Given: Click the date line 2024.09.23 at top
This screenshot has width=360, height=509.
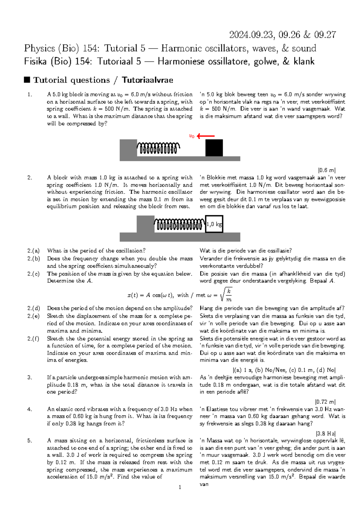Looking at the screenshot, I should pyautogui.click(x=282, y=35).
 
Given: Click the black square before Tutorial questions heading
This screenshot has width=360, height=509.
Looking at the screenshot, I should pyautogui.click(x=27, y=80).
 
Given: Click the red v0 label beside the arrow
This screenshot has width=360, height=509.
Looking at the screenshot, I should pyautogui.click(x=192, y=136).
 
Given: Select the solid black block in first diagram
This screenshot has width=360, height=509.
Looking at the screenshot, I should pyautogui.click(x=214, y=148).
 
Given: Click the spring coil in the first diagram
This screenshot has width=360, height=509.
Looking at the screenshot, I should pyautogui.click(x=158, y=148).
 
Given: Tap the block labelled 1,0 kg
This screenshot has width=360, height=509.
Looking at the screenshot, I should pyautogui.click(x=214, y=224).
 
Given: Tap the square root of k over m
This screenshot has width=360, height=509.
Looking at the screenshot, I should pyautogui.click(x=226, y=295).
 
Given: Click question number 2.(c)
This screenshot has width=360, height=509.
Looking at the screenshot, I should pyautogui.click(x=33, y=274).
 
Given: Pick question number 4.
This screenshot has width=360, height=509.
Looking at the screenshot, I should pyautogui.click(x=29, y=409).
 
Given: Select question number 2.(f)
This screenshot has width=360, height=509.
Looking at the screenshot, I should pyautogui.click(x=33, y=339).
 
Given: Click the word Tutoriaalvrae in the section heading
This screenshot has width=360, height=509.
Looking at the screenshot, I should pyautogui.click(x=147, y=80).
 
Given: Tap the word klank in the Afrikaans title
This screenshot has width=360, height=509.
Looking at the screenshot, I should pyautogui.click(x=304, y=62).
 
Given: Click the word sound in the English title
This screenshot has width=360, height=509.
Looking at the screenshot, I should pyautogui.click(x=304, y=48).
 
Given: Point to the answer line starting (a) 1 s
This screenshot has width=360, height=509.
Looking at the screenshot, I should pyautogui.click(x=284, y=370).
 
